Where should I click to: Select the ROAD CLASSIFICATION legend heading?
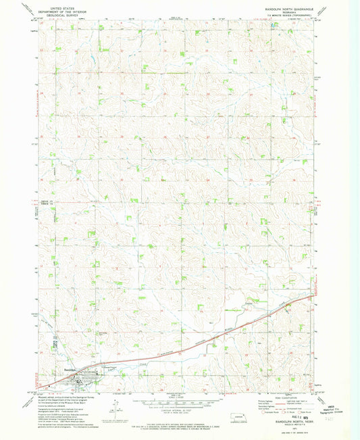point(283,398)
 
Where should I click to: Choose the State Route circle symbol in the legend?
point(299,412)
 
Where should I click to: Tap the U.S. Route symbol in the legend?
point(283,412)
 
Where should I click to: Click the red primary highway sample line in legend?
point(280,404)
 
